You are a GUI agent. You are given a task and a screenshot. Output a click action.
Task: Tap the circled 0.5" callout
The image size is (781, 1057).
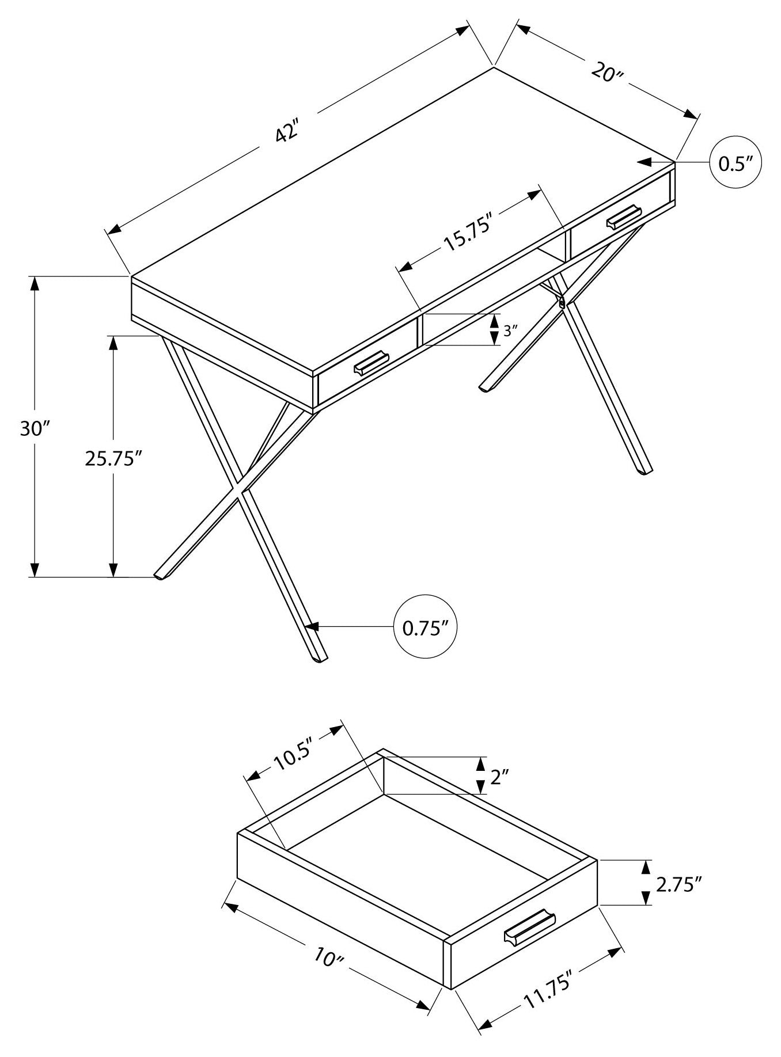736,164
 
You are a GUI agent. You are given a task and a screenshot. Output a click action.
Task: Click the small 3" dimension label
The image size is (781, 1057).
507,330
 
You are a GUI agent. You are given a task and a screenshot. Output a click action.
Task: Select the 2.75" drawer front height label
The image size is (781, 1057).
678,900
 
